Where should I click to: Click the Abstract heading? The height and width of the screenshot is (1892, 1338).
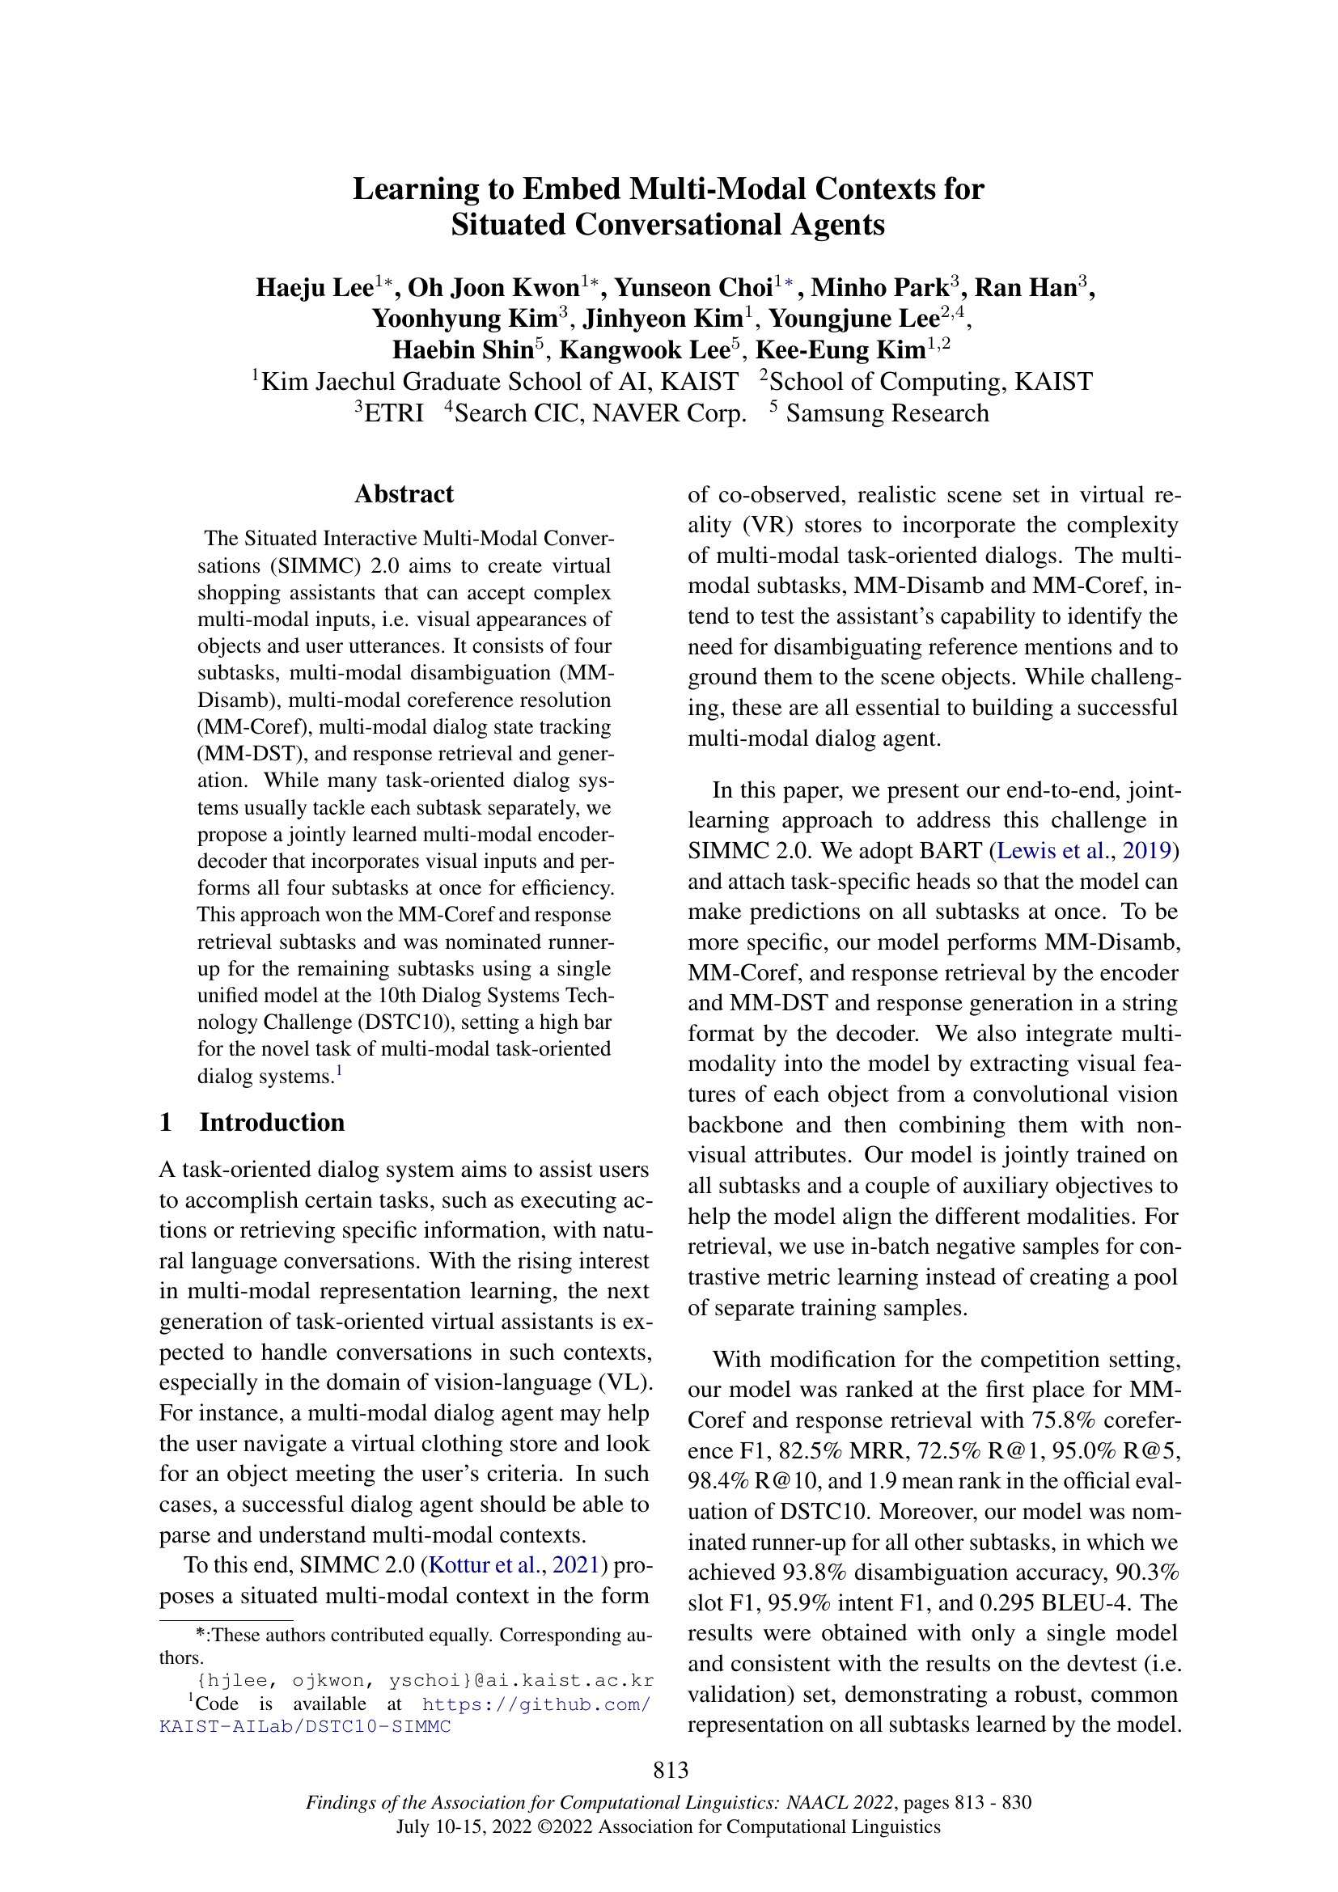tap(404, 493)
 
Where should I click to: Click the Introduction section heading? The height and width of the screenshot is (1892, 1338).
tap(271, 1123)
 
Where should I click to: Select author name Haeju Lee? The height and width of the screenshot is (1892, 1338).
tap(314, 288)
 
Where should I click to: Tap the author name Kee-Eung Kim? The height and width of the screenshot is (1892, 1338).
tap(840, 350)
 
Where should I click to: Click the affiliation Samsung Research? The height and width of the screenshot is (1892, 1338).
tap(887, 413)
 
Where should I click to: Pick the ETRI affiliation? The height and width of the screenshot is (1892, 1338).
tap(393, 413)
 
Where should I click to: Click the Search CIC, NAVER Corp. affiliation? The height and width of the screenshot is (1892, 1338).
tap(599, 413)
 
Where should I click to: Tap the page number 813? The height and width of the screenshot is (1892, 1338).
tap(670, 1769)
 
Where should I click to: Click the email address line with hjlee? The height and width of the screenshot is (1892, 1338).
tap(426, 1681)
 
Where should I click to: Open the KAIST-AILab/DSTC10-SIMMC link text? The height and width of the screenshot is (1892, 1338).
tap(305, 1727)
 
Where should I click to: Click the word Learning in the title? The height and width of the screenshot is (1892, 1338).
tap(415, 189)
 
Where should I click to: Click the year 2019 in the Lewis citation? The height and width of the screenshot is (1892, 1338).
tap(1150, 850)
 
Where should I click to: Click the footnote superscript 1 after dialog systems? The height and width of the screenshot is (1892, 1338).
tap(339, 1071)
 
